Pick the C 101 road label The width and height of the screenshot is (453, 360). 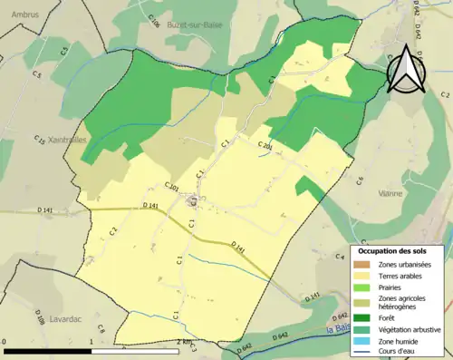point(171,188)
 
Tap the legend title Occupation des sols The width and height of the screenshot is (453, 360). point(396,250)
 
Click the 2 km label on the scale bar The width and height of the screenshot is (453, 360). point(185,341)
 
